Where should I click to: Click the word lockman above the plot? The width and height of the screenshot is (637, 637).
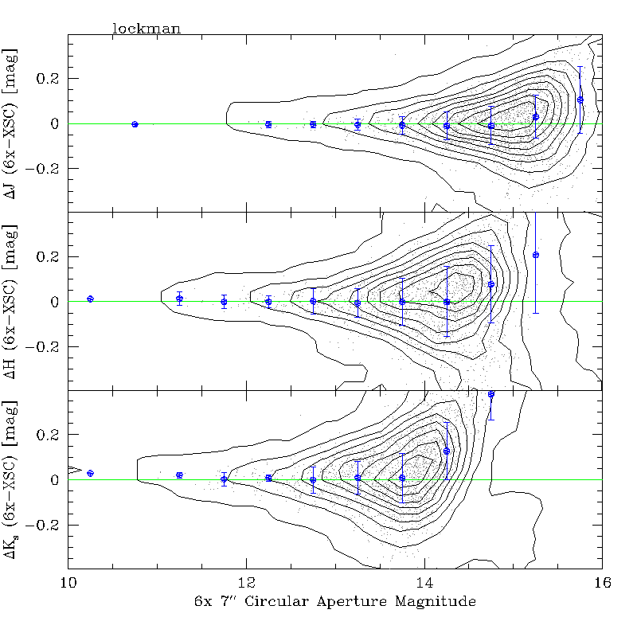(x=147, y=29)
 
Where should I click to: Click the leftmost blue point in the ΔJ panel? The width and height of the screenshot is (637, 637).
(x=135, y=124)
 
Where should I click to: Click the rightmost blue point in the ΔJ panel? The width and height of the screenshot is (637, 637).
(x=580, y=100)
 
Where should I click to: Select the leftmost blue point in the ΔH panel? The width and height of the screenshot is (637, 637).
(x=90, y=299)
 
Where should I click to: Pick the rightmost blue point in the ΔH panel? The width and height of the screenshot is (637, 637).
(x=536, y=255)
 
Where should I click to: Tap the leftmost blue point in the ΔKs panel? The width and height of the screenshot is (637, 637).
(x=90, y=473)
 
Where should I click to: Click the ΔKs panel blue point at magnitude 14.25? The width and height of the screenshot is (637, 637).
(x=447, y=451)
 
